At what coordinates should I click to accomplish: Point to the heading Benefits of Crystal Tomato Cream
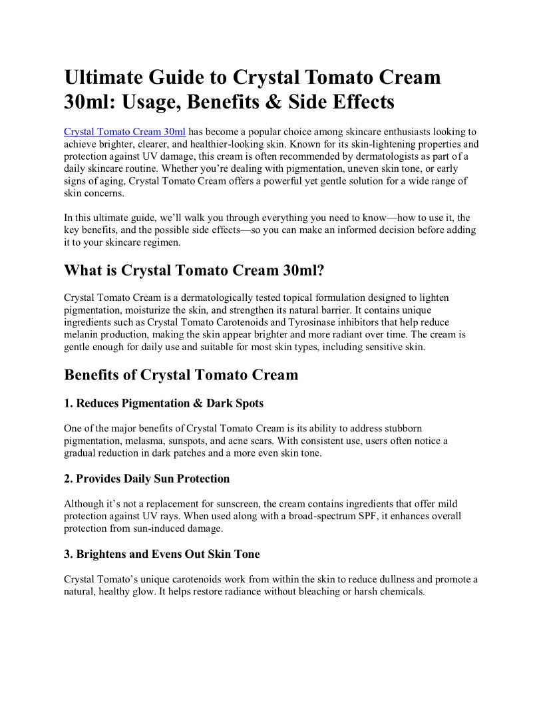[181, 375]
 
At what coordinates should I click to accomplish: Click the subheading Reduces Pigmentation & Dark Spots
[164, 403]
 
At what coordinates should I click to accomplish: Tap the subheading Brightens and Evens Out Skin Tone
[162, 554]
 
